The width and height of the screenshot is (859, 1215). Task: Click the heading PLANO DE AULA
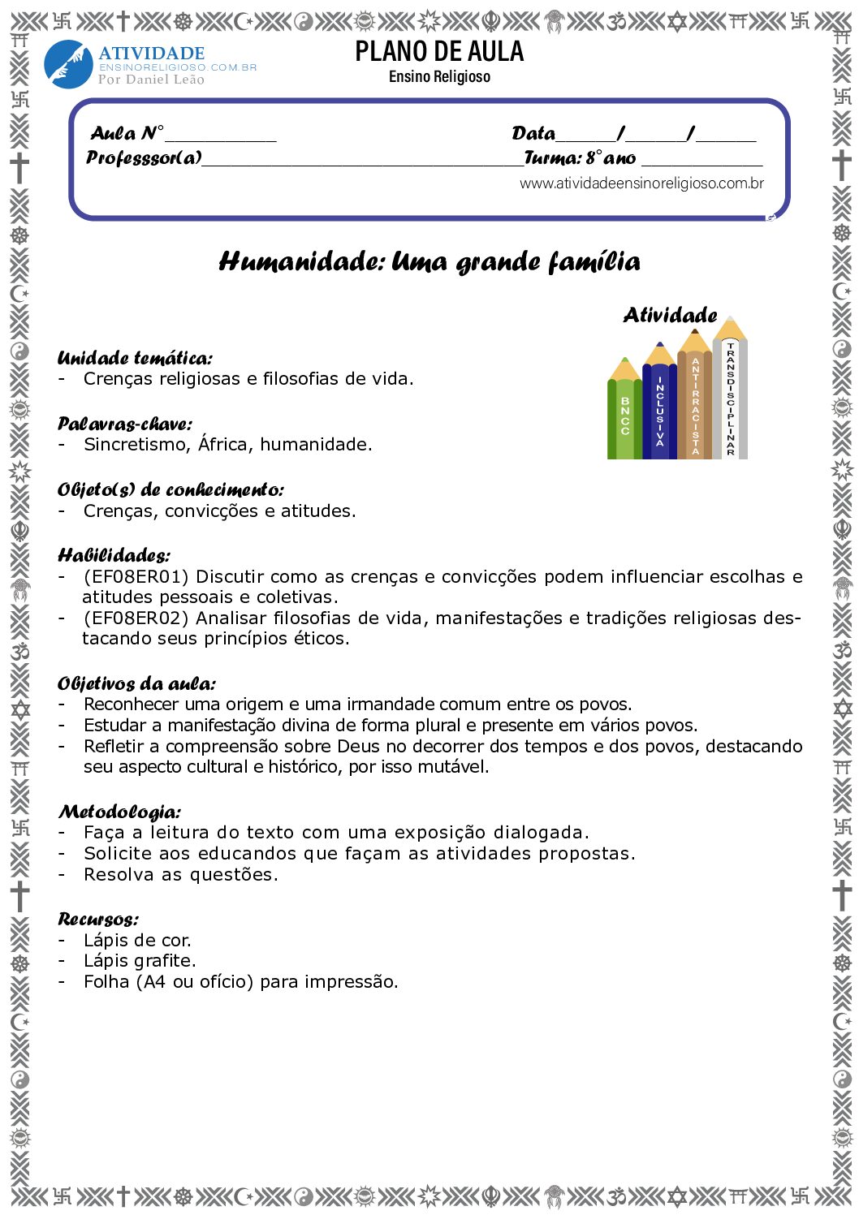tap(439, 52)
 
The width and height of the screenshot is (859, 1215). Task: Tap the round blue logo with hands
tap(68, 64)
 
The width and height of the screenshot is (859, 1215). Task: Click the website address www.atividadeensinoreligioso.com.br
tap(641, 183)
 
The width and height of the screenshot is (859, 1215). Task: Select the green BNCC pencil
tap(624, 414)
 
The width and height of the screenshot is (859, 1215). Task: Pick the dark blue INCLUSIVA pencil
tap(659, 406)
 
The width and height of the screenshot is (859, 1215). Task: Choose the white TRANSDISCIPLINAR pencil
tap(730, 394)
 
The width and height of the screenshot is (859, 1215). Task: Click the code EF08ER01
tap(136, 577)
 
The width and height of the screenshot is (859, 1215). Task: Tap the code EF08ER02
tap(136, 618)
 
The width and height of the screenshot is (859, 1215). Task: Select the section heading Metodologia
tap(119, 812)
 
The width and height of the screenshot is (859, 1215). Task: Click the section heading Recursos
tap(98, 920)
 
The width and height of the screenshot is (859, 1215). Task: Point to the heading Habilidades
tap(114, 556)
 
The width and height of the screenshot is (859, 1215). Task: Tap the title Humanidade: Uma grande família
tap(429, 261)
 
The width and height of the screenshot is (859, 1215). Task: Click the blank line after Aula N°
tap(221, 135)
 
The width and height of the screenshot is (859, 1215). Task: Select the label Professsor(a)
tap(144, 157)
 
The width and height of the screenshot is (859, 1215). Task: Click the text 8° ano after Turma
tap(611, 157)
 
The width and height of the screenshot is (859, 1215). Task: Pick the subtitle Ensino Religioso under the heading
tap(439, 77)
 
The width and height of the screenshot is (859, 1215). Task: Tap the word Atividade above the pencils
tap(670, 315)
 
